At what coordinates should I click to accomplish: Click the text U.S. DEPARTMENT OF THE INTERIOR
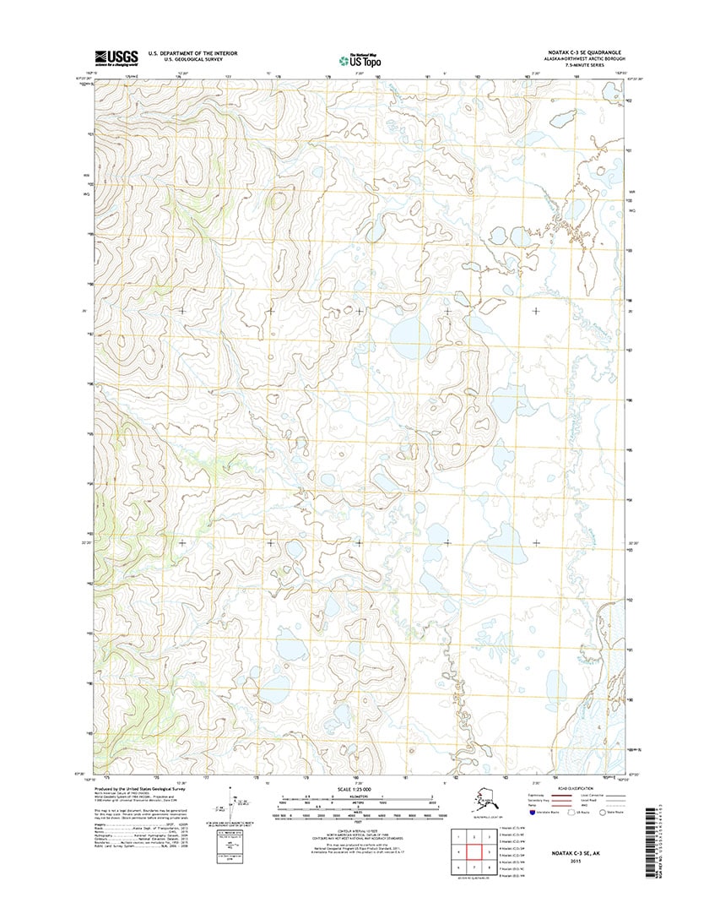[192, 52]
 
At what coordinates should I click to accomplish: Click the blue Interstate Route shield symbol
[532, 815]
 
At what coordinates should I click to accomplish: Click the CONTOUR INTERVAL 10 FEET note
[359, 831]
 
